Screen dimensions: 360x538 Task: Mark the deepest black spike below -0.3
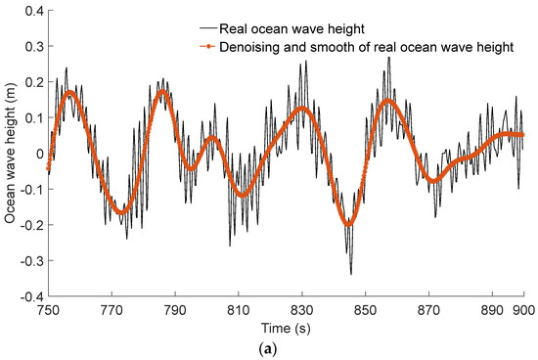tap(350, 274)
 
